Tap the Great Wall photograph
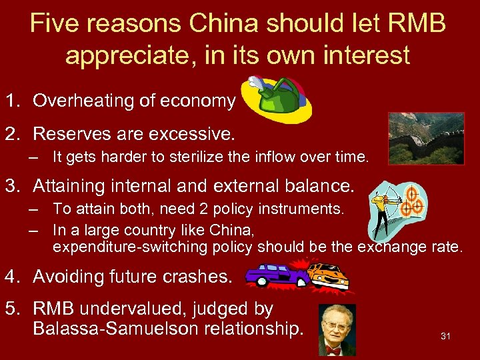(426, 139)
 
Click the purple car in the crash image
(273, 274)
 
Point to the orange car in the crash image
(328, 275)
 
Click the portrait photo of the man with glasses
(337, 330)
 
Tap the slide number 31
(445, 336)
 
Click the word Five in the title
(53, 25)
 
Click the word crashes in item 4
(199, 275)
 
